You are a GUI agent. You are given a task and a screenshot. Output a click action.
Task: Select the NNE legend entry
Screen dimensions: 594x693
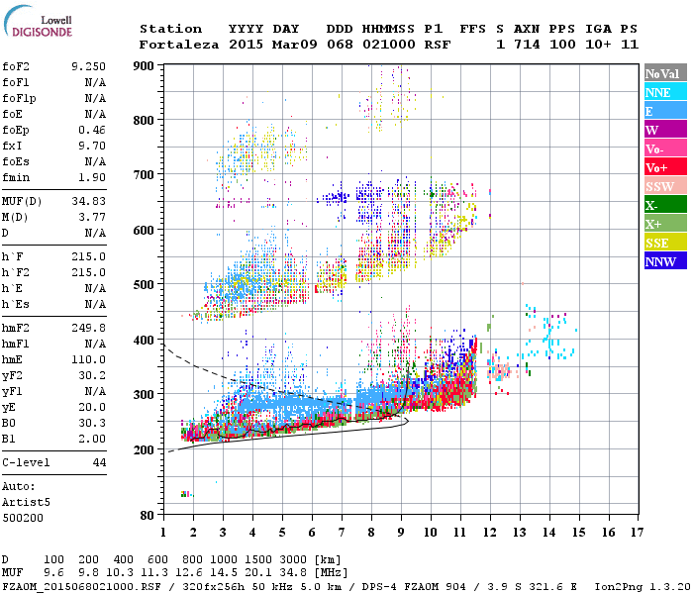665,92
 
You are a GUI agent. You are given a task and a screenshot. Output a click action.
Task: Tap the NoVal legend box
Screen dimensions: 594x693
665,73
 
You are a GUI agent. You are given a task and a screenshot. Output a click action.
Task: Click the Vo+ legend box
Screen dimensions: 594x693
665,167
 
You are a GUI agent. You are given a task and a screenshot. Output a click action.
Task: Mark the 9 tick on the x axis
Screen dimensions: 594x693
401,533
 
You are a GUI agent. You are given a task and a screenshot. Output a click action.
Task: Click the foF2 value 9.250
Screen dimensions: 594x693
88,65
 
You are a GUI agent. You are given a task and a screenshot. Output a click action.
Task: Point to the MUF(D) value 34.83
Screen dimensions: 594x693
88,201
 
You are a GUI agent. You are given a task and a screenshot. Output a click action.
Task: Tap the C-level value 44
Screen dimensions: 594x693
98,462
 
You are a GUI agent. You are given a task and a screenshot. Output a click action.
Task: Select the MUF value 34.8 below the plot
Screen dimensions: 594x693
328,573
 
